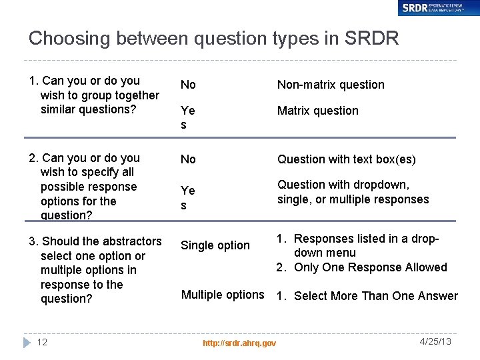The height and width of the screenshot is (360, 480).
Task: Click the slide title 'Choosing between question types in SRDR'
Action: [x=213, y=38]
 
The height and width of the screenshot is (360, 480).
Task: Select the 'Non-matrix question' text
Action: [x=331, y=85]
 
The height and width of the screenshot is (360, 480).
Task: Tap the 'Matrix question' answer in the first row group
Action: [x=317, y=111]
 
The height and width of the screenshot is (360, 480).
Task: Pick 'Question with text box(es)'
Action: [x=346, y=159]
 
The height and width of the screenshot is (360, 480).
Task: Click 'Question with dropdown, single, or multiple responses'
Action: [x=353, y=192]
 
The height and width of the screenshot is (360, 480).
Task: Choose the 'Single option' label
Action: [x=215, y=245]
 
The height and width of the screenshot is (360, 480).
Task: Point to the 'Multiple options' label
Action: [x=223, y=295]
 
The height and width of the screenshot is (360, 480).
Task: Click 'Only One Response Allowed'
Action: [x=370, y=267]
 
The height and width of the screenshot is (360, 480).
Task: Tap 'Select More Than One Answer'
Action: [x=375, y=296]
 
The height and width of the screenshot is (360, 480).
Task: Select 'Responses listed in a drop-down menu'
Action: [x=365, y=245]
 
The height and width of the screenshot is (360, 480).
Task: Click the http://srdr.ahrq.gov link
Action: [x=239, y=343]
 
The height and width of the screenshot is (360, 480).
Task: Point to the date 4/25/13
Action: [x=436, y=341]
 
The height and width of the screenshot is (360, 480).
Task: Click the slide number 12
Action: [x=42, y=342]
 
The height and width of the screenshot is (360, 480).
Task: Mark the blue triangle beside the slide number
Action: [x=27, y=342]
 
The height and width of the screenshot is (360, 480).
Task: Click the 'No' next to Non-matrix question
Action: [x=188, y=85]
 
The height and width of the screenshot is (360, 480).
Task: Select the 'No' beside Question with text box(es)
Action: [x=188, y=159]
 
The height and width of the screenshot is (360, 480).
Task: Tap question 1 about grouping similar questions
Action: [x=93, y=95]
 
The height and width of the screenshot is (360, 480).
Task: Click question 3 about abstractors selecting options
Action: [x=95, y=270]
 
